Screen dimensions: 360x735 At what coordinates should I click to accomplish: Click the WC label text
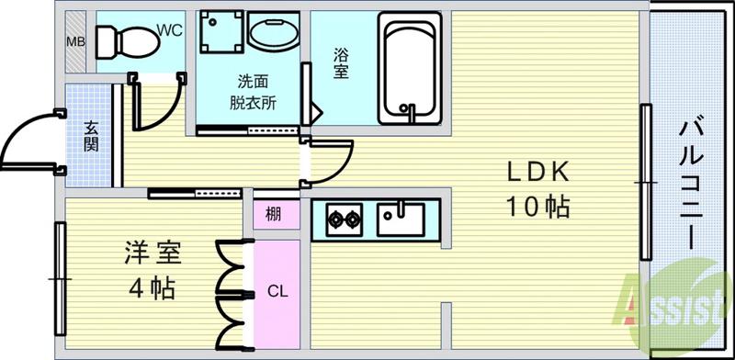(170, 31)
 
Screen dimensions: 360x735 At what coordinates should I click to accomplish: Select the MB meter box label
(74, 41)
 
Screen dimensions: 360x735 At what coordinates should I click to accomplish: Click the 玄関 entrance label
(92, 136)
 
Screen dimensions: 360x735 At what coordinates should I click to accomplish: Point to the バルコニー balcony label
(690, 184)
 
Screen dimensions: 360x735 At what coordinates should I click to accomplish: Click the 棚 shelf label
(274, 216)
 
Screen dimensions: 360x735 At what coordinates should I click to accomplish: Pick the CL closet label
(277, 292)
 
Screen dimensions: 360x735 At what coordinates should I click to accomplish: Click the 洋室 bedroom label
(153, 252)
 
